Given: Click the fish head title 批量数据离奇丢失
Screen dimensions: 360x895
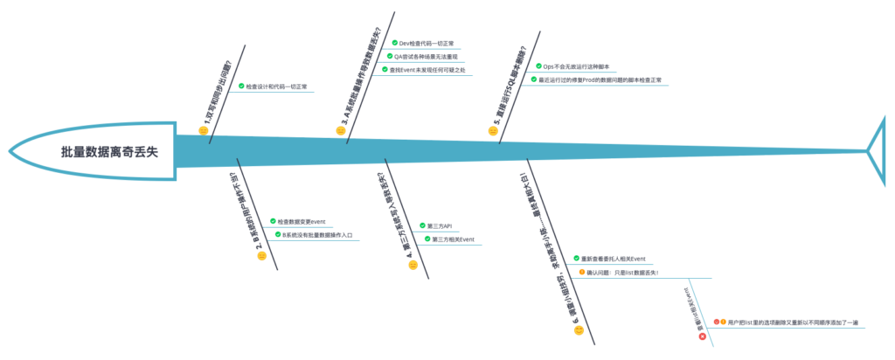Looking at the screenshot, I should pyautogui.click(x=108, y=151).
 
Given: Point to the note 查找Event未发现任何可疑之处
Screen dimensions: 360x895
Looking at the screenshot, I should pyautogui.click(x=427, y=70).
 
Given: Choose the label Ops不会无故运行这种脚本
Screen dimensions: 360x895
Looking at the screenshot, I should pyautogui.click(x=576, y=66).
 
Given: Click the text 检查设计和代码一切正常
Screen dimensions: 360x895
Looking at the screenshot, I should pyautogui.click(x=276, y=87).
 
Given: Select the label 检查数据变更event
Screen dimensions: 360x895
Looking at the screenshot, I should pyautogui.click(x=302, y=221).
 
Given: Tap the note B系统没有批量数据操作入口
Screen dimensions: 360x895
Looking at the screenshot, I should pyautogui.click(x=316, y=235).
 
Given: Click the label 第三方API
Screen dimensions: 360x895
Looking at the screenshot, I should pyautogui.click(x=440, y=225).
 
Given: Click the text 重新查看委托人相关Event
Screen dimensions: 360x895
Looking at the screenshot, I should pyautogui.click(x=614, y=259).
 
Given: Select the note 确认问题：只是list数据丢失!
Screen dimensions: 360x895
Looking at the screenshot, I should pyautogui.click(x=622, y=273).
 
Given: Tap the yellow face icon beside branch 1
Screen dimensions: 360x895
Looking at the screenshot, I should pyautogui.click(x=204, y=130).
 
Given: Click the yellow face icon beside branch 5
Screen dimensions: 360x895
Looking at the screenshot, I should pyautogui.click(x=493, y=130).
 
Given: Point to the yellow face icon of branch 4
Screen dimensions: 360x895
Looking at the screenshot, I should pyautogui.click(x=413, y=265).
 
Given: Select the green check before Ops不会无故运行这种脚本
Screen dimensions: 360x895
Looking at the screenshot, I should pyautogui.click(x=538, y=66).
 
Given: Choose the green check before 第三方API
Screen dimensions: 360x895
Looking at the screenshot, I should pyautogui.click(x=420, y=225).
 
